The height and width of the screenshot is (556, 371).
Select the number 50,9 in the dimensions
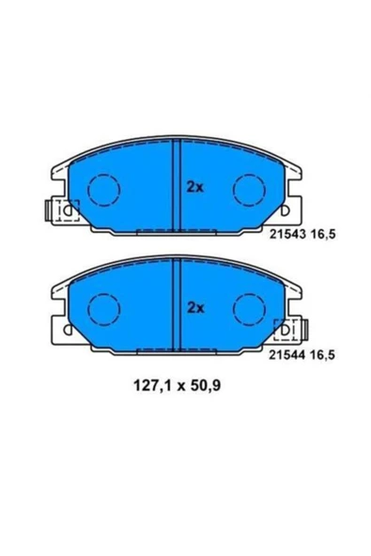(206, 385)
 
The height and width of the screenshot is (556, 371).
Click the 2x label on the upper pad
(195, 187)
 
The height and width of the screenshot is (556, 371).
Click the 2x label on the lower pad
(195, 307)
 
